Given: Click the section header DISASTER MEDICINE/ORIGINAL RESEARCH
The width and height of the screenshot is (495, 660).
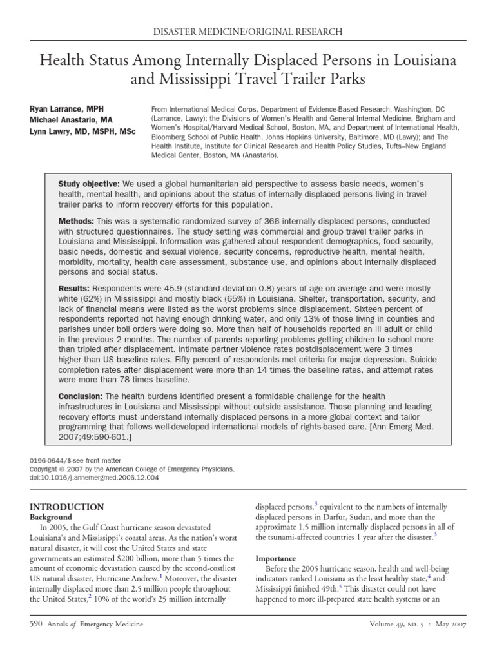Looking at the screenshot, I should coord(247,31).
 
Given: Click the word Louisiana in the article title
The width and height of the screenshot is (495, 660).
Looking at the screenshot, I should coord(421,61).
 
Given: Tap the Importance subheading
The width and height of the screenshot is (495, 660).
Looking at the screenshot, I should coord(277,558).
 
